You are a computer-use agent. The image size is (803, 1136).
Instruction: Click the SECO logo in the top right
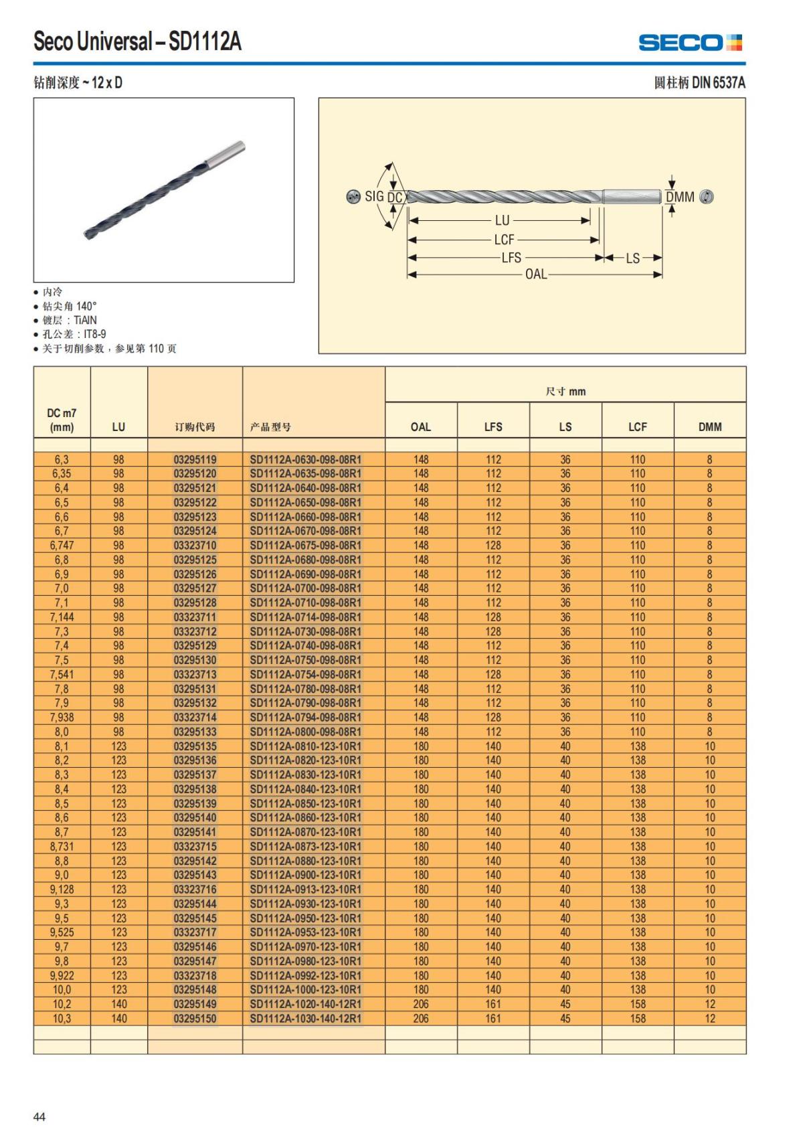691,44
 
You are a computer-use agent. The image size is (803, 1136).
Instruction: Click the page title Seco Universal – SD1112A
137,43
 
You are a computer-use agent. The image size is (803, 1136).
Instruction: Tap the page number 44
39,1117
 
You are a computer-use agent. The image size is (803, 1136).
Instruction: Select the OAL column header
421,426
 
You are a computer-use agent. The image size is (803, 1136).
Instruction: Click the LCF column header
638,426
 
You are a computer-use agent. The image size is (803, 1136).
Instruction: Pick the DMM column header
710,426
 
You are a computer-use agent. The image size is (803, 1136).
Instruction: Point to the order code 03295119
195,460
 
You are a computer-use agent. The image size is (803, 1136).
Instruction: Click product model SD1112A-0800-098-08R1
306,732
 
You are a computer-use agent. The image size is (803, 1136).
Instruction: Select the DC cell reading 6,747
62,546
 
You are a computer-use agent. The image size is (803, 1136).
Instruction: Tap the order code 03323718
195,975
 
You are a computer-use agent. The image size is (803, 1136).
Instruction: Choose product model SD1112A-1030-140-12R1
306,1018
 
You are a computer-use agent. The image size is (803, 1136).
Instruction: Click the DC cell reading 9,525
62,932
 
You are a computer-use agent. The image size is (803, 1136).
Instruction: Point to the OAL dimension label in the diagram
536,274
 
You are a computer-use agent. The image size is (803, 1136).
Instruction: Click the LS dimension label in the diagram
633,258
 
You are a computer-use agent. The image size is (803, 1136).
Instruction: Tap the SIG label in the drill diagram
374,197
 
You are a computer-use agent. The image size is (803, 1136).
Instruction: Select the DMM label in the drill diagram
680,197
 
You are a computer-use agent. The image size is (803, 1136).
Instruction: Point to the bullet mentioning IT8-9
74,334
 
